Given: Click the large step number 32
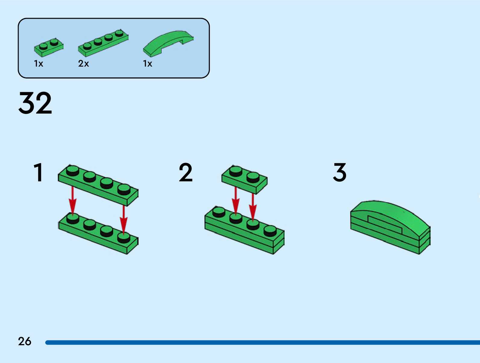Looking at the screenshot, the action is click(x=35, y=103).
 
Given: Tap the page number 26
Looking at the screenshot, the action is click(x=24, y=341).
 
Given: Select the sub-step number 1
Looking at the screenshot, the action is click(x=39, y=172).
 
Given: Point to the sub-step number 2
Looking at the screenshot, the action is click(x=185, y=172).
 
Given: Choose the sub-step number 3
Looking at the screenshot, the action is click(x=340, y=172).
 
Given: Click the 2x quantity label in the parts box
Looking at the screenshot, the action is click(x=83, y=64).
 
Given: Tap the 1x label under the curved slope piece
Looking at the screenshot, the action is click(x=148, y=64).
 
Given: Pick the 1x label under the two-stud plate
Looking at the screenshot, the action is click(x=39, y=64).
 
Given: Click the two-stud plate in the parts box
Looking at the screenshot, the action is click(x=48, y=47).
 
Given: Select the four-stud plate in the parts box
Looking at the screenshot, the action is click(x=103, y=43).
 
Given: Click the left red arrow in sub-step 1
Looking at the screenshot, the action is click(x=72, y=200).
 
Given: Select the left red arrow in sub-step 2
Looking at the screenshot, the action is click(x=235, y=200).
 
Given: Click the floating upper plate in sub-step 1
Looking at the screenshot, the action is click(x=98, y=184).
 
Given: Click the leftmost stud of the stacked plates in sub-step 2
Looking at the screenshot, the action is click(x=219, y=212).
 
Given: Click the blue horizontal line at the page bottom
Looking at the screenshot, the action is click(x=262, y=343).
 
